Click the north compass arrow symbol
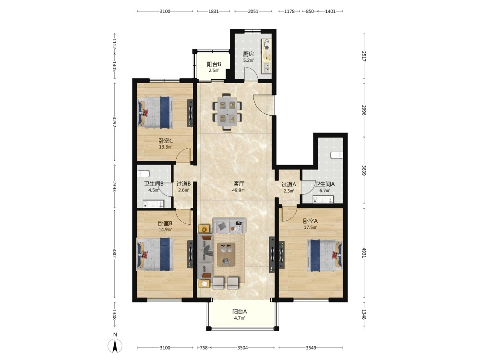(x=115, y=346)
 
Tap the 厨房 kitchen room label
(x=248, y=54)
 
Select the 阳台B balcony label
(x=214, y=64)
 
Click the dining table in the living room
(x=228, y=112)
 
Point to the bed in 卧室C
(x=155, y=112)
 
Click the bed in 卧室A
(x=324, y=255)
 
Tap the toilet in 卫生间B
(x=143, y=174)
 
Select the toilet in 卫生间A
(x=337, y=155)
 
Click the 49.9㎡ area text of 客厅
(x=239, y=190)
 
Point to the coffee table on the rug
(x=226, y=255)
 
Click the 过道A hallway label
(x=288, y=185)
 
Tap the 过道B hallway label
(x=184, y=184)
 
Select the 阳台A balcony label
(x=240, y=312)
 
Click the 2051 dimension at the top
(x=253, y=12)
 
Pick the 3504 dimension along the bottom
(x=242, y=348)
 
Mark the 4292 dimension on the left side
(x=115, y=122)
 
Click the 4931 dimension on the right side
(x=364, y=252)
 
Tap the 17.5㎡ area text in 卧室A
(x=311, y=228)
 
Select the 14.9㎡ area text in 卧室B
(x=165, y=229)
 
